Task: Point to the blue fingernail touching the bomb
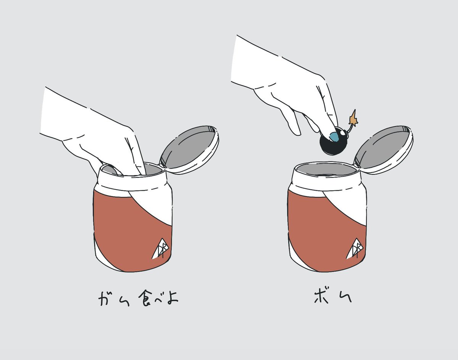334,137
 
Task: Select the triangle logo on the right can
355,249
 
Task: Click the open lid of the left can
189,150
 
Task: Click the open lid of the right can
384,150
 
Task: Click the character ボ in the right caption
321,297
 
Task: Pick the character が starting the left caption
106,298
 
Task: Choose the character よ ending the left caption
173,298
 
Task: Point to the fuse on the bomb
350,128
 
